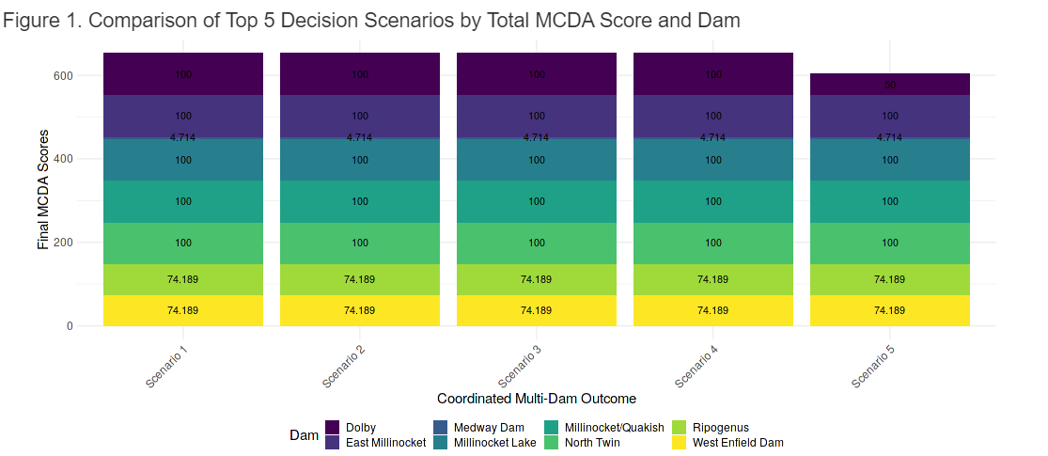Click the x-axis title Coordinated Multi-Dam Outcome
coord(537,399)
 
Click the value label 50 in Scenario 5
coord(889,85)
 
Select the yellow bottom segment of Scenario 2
coord(360,310)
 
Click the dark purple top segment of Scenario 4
coord(713,73)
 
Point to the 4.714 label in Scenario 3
coord(537,137)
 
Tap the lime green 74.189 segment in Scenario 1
coord(183,279)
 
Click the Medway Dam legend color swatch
coord(441,428)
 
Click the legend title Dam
coord(304,435)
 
